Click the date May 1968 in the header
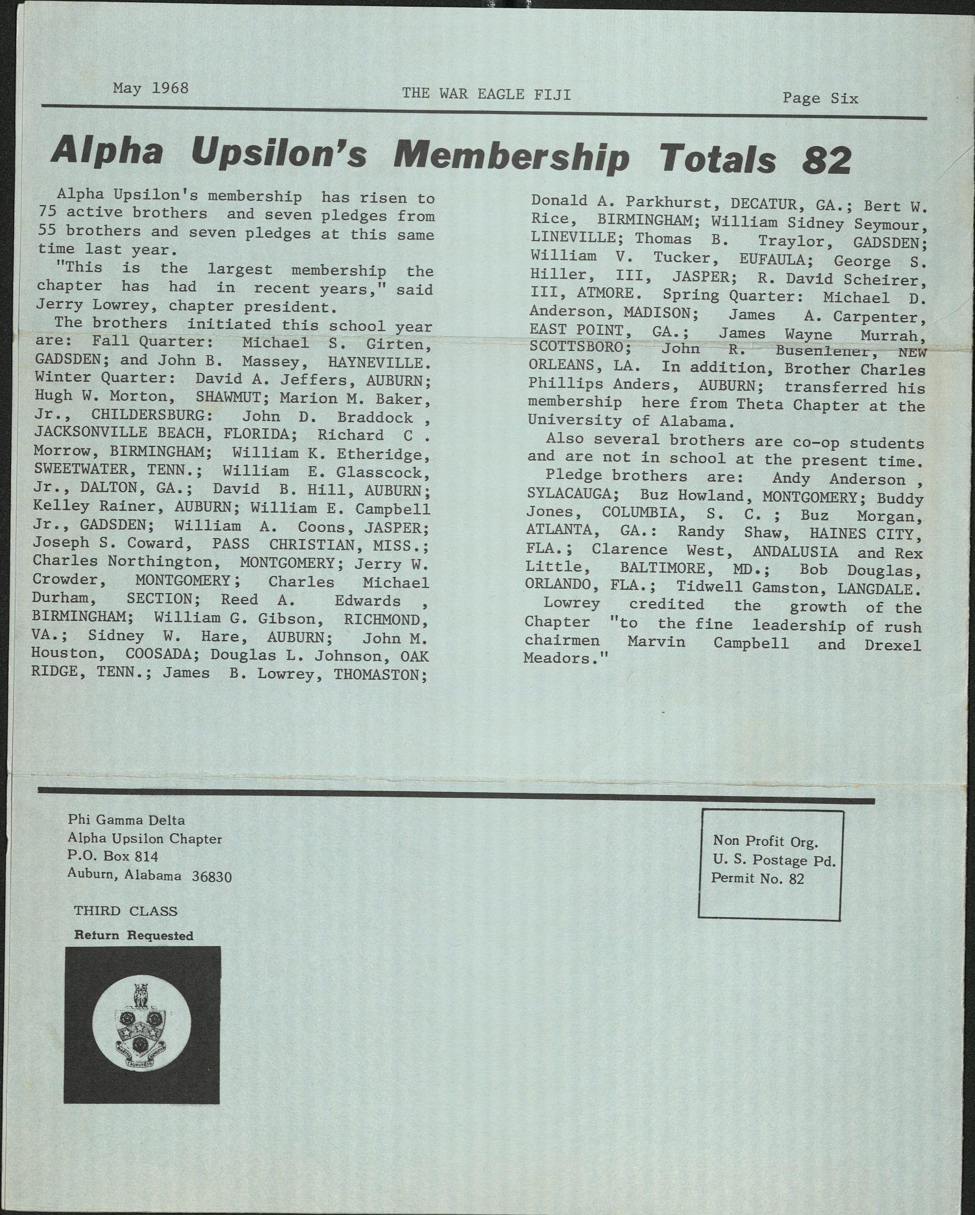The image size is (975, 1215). click(151, 88)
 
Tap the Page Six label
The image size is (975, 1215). click(820, 98)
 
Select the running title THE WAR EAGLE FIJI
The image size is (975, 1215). click(486, 94)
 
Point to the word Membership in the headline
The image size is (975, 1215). click(511, 157)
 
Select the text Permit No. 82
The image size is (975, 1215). click(757, 878)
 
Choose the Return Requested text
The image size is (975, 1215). click(134, 935)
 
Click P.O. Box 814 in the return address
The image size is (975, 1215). click(113, 856)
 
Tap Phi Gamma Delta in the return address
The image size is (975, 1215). click(126, 820)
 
